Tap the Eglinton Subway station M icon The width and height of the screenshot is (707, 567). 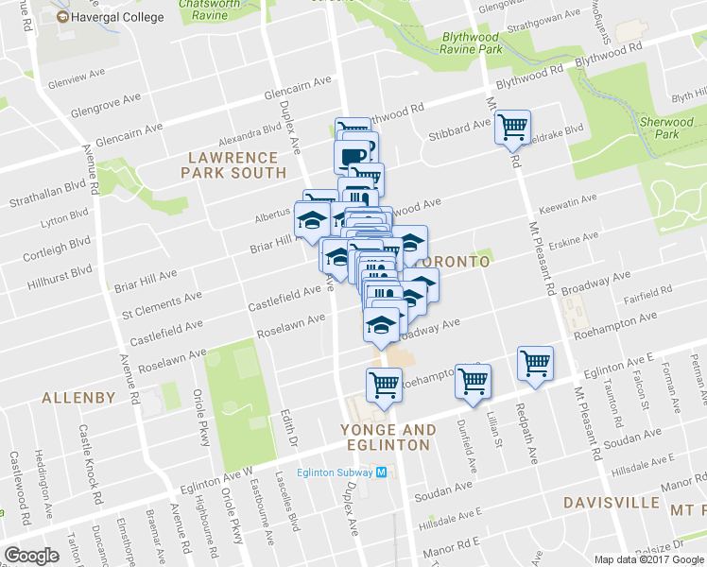[x=381, y=473]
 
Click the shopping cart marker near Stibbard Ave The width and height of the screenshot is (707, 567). [x=512, y=127]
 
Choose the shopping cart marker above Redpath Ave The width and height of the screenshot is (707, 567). [x=535, y=363]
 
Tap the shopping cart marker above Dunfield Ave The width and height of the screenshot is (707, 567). [x=473, y=381]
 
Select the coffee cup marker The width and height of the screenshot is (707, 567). [x=353, y=157]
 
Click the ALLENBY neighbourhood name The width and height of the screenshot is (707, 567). [x=78, y=399]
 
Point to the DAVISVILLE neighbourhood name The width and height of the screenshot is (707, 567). [x=605, y=502]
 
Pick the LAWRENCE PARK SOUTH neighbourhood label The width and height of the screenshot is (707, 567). [x=234, y=165]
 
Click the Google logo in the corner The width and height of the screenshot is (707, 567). [x=31, y=556]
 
